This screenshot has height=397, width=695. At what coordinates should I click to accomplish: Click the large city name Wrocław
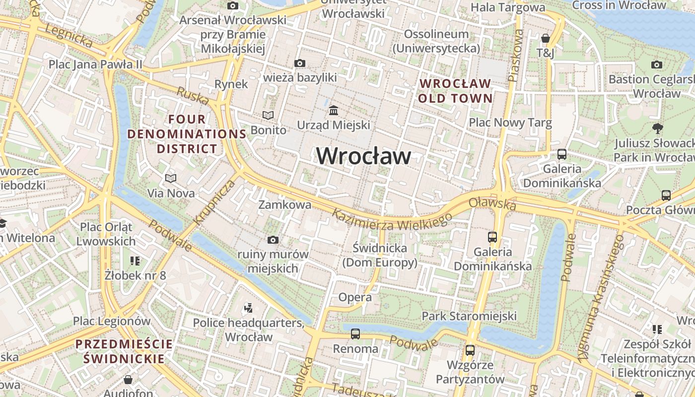tap(363, 156)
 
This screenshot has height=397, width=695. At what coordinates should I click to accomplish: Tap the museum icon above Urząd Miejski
tap(334, 110)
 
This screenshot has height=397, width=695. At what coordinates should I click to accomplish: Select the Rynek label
tap(231, 84)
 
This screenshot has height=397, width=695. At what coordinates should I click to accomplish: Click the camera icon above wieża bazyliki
tap(300, 63)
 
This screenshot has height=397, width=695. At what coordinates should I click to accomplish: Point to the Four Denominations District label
tap(187, 134)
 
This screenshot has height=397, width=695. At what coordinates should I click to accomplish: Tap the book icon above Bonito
tap(268, 116)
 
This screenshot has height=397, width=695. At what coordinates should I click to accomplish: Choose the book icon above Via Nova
tap(171, 178)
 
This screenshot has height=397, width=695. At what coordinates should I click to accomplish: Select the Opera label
tap(354, 297)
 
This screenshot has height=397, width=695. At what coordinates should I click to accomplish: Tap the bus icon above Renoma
tap(355, 334)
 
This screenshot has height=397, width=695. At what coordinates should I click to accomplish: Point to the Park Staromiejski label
tap(469, 316)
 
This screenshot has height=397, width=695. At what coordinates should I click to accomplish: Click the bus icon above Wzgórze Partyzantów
tap(470, 350)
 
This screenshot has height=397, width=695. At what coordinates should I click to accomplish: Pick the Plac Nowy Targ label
tap(510, 123)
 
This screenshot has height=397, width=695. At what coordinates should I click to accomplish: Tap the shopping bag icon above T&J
tap(545, 38)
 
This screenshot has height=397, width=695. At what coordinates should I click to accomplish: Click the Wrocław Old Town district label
tap(455, 91)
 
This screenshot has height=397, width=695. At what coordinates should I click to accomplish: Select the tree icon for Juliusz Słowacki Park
tap(658, 129)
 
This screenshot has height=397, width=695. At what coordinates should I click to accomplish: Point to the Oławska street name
tap(492, 203)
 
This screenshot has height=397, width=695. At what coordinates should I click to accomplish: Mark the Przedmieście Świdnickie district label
tap(124, 351)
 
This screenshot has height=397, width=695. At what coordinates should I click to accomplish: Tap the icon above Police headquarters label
tap(248, 309)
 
